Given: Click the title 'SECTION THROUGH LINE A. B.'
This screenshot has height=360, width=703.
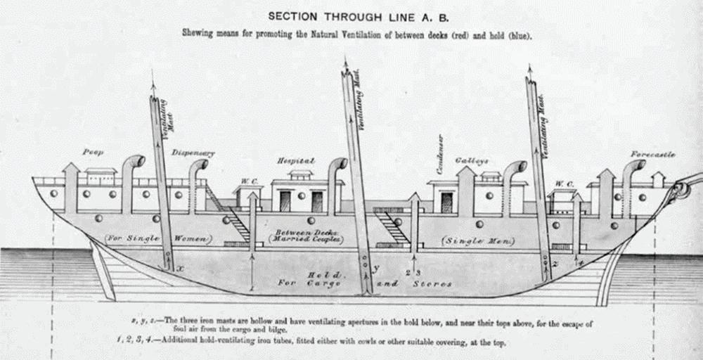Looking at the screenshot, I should (x=351, y=15).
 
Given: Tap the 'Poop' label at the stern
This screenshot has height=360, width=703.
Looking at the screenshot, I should (x=93, y=152).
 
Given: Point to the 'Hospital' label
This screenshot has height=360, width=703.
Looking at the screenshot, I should (x=295, y=161).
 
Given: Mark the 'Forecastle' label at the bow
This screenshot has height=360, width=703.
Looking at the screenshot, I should (x=652, y=154).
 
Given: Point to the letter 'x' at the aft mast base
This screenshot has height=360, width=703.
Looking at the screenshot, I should (x=180, y=269).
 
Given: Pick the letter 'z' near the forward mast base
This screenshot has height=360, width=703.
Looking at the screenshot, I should (x=554, y=264).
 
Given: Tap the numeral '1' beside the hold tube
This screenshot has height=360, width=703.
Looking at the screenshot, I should (x=251, y=288).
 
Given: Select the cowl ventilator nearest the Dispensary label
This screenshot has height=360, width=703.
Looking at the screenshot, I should (x=198, y=169).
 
